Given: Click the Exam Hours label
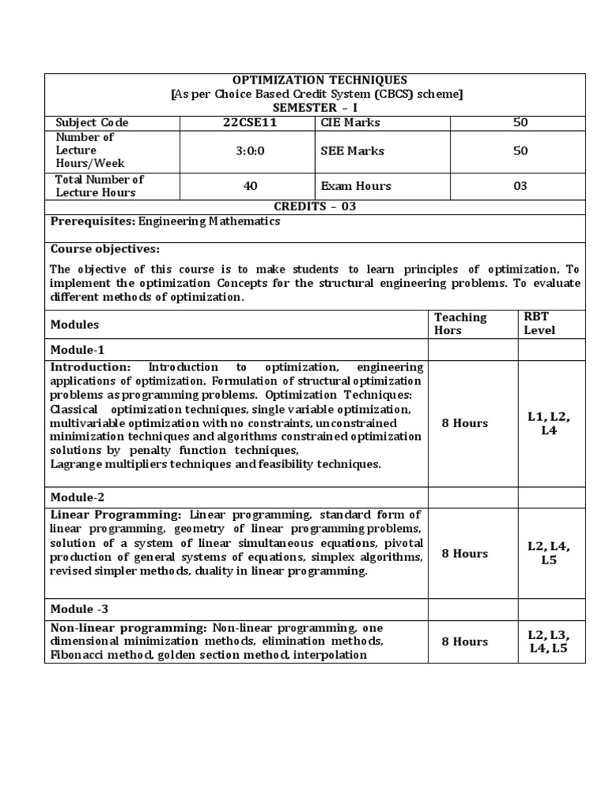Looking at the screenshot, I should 356,187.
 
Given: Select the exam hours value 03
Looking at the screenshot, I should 520,187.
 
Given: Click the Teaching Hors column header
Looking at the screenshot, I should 461,324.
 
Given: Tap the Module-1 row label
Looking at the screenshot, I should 77,349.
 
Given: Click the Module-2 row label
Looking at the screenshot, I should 77,497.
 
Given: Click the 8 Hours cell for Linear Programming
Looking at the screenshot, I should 465,553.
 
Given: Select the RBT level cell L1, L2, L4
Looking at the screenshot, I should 548,423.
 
